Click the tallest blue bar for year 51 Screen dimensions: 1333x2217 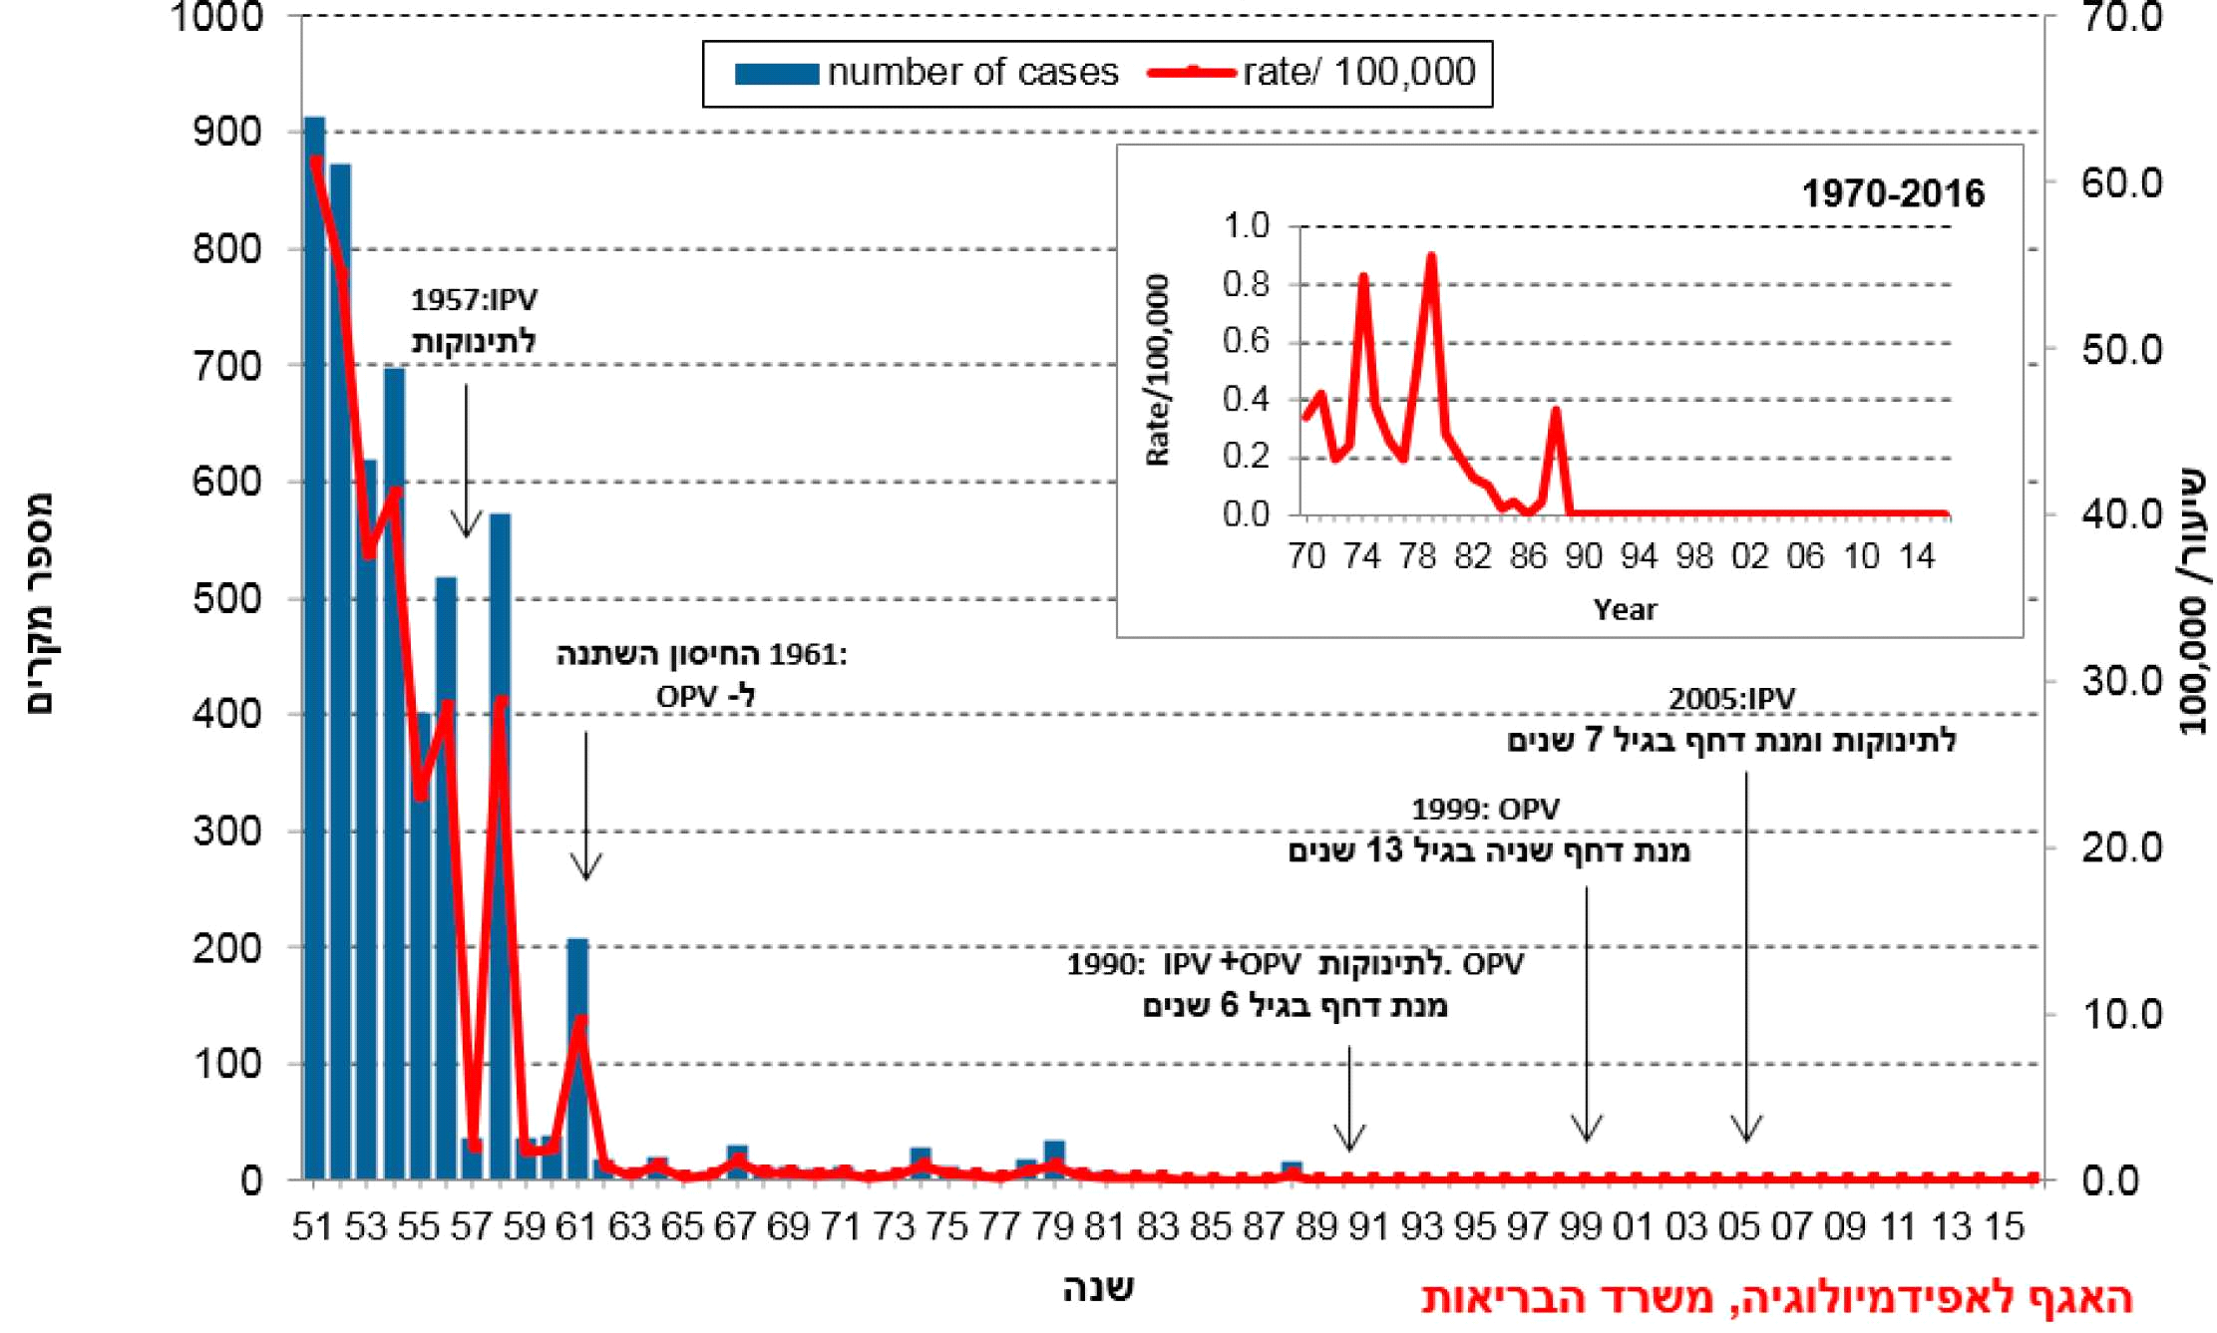click(314, 648)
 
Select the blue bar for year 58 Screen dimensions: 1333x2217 click(500, 847)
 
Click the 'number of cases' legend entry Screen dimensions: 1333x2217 click(927, 73)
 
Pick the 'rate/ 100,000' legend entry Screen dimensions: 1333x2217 click(1312, 73)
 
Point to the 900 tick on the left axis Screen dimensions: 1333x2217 click(226, 133)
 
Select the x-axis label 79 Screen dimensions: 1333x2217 click(1053, 1226)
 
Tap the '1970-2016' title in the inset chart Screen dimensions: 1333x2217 click(1892, 193)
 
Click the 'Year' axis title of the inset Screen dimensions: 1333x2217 click(1625, 609)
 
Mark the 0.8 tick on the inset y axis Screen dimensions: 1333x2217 click(1247, 285)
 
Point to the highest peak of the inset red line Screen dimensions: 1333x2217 click(1431, 257)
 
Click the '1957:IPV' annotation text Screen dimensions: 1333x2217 click(474, 300)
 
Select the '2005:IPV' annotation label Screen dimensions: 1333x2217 click(1731, 699)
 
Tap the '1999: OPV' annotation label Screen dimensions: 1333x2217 click(1485, 809)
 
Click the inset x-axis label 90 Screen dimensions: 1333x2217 click(1583, 556)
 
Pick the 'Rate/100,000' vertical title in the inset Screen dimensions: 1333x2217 click(1158, 370)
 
